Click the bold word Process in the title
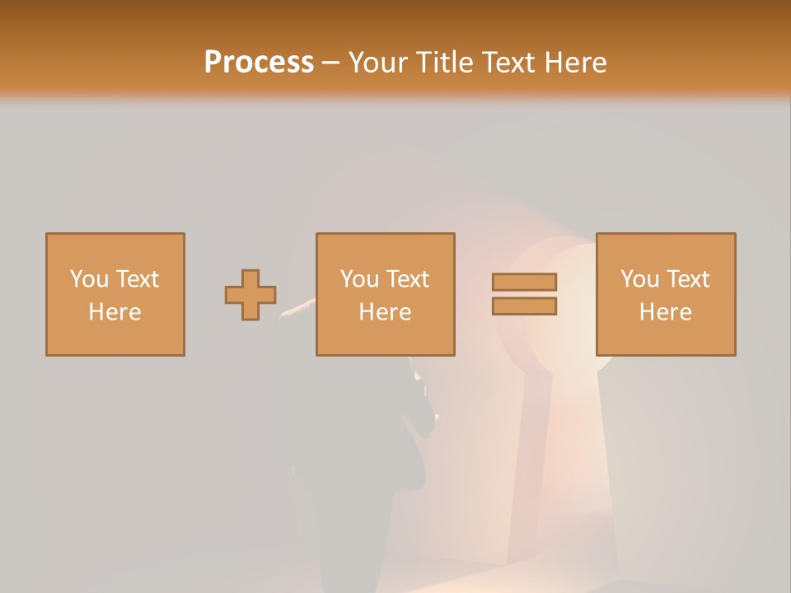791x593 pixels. pyautogui.click(x=259, y=63)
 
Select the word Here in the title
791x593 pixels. pyautogui.click(x=574, y=63)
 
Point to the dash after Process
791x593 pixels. pyautogui.click(x=330, y=63)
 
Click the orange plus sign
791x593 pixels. pyautogui.click(x=250, y=295)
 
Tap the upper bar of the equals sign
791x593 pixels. pyautogui.click(x=524, y=282)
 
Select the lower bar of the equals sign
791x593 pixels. pyautogui.click(x=524, y=306)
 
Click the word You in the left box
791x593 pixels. pyautogui.click(x=89, y=279)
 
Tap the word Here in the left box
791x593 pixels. pyautogui.click(x=115, y=312)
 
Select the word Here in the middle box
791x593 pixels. pyautogui.click(x=385, y=312)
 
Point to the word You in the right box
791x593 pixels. pyautogui.click(x=639, y=279)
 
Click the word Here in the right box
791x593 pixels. pyautogui.click(x=665, y=312)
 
